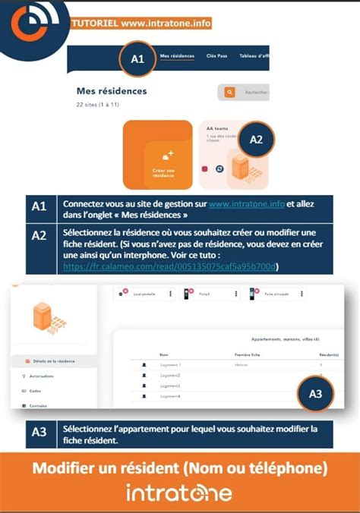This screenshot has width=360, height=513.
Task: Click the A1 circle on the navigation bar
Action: point(137,58)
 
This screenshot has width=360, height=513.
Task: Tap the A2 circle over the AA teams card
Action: point(256,140)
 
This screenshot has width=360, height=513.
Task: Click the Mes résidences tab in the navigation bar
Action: point(177,56)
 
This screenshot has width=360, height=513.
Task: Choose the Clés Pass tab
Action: point(216,56)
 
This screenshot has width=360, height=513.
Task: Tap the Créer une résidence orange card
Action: point(157,155)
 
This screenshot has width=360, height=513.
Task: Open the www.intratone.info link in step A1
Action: point(246,204)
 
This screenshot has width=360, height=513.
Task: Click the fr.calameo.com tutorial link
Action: point(171,266)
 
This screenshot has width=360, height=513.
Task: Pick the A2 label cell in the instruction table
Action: point(39,235)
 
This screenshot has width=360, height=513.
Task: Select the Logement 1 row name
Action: point(170,365)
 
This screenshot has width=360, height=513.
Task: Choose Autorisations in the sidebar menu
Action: point(41,376)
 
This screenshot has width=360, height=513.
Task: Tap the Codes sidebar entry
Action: point(33,390)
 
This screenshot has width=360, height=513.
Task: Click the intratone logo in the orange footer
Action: point(179,493)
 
